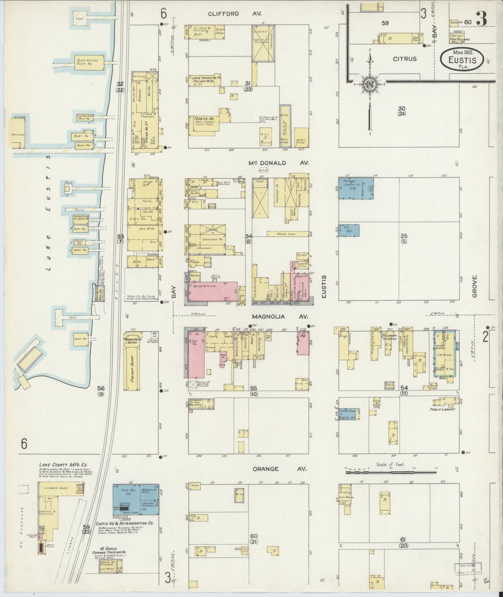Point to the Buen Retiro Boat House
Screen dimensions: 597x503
88,62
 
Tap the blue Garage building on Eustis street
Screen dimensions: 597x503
356,188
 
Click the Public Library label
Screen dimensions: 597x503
442,410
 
